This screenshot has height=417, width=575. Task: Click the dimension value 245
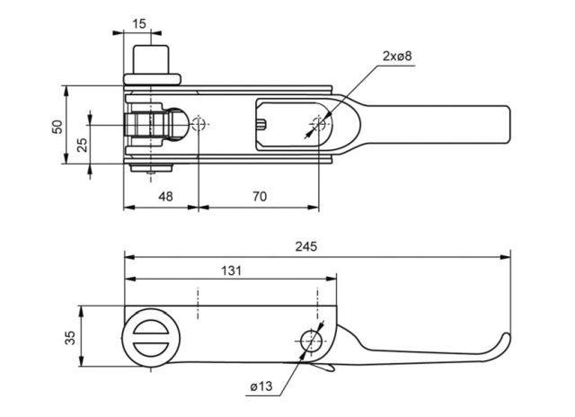click(x=305, y=246)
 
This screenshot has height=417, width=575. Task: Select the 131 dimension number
click(x=232, y=271)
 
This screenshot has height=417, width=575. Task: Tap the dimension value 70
click(x=260, y=197)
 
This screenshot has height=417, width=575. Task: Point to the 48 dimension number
click(x=165, y=197)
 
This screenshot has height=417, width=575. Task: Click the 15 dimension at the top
click(x=139, y=24)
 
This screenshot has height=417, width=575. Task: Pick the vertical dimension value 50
click(x=57, y=127)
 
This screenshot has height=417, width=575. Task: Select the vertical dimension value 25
click(x=83, y=145)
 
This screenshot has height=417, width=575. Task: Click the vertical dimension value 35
click(x=70, y=338)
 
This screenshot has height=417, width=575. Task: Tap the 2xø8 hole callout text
click(x=397, y=56)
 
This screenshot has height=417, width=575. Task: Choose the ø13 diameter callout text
click(x=261, y=386)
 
